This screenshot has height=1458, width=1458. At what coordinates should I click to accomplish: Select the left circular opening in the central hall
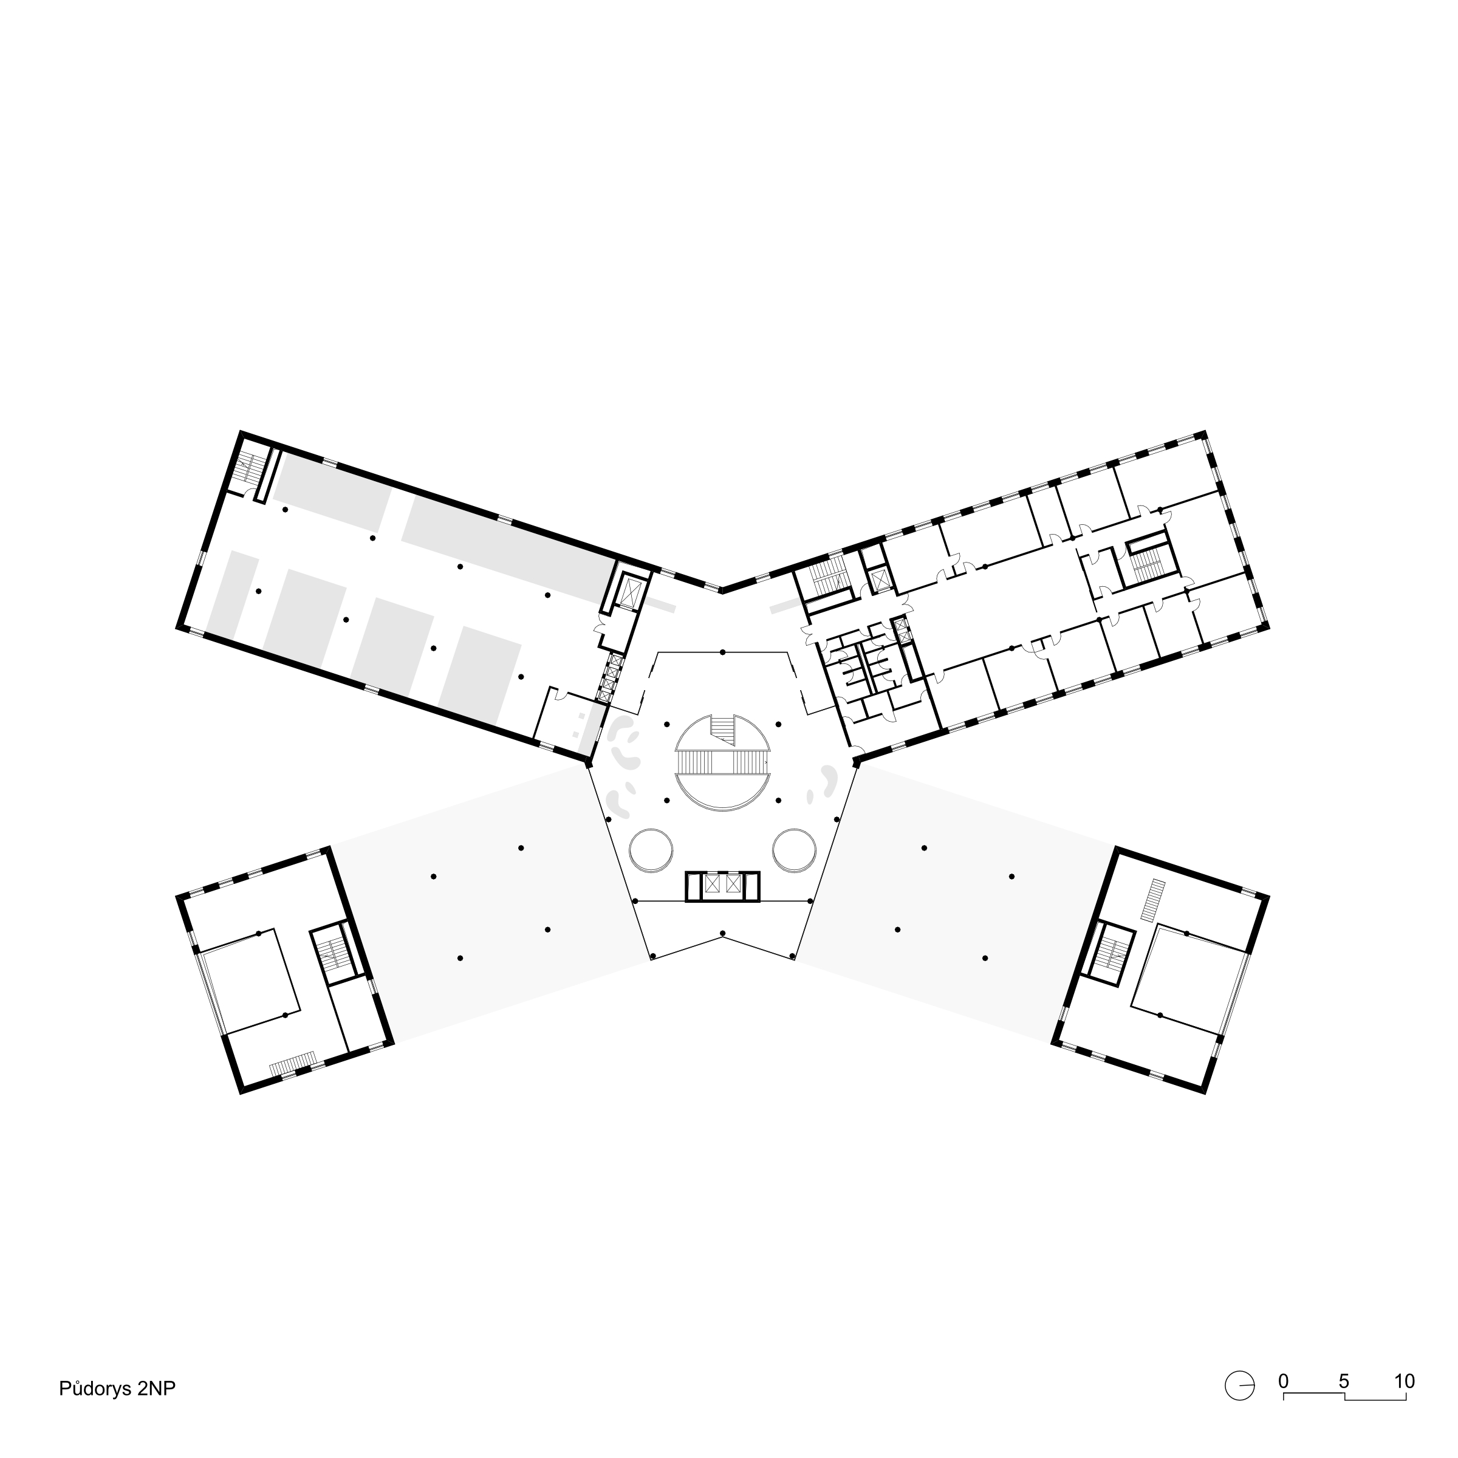point(651,850)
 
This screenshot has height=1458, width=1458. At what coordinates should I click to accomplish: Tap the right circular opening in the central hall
point(795,850)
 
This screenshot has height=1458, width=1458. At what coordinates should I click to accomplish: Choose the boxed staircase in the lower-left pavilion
point(330,954)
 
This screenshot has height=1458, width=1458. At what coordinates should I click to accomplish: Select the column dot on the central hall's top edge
point(722,652)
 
